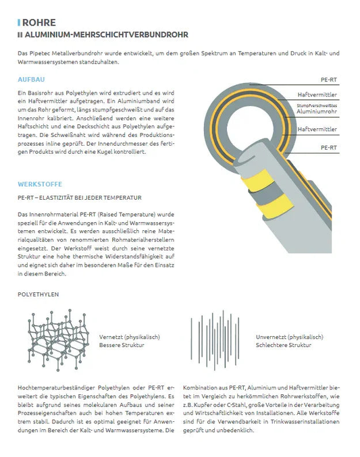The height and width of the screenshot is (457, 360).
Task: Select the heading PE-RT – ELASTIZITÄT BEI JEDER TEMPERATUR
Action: pos(79,198)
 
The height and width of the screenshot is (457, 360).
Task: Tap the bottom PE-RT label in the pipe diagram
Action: pos(328,146)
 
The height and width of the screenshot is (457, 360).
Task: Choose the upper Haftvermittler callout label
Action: pos(317,95)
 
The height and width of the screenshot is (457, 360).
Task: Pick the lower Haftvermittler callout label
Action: pos(317,128)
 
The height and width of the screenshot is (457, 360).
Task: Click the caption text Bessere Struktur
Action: pos(122,345)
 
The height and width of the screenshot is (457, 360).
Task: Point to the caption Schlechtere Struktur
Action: pos(284,345)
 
